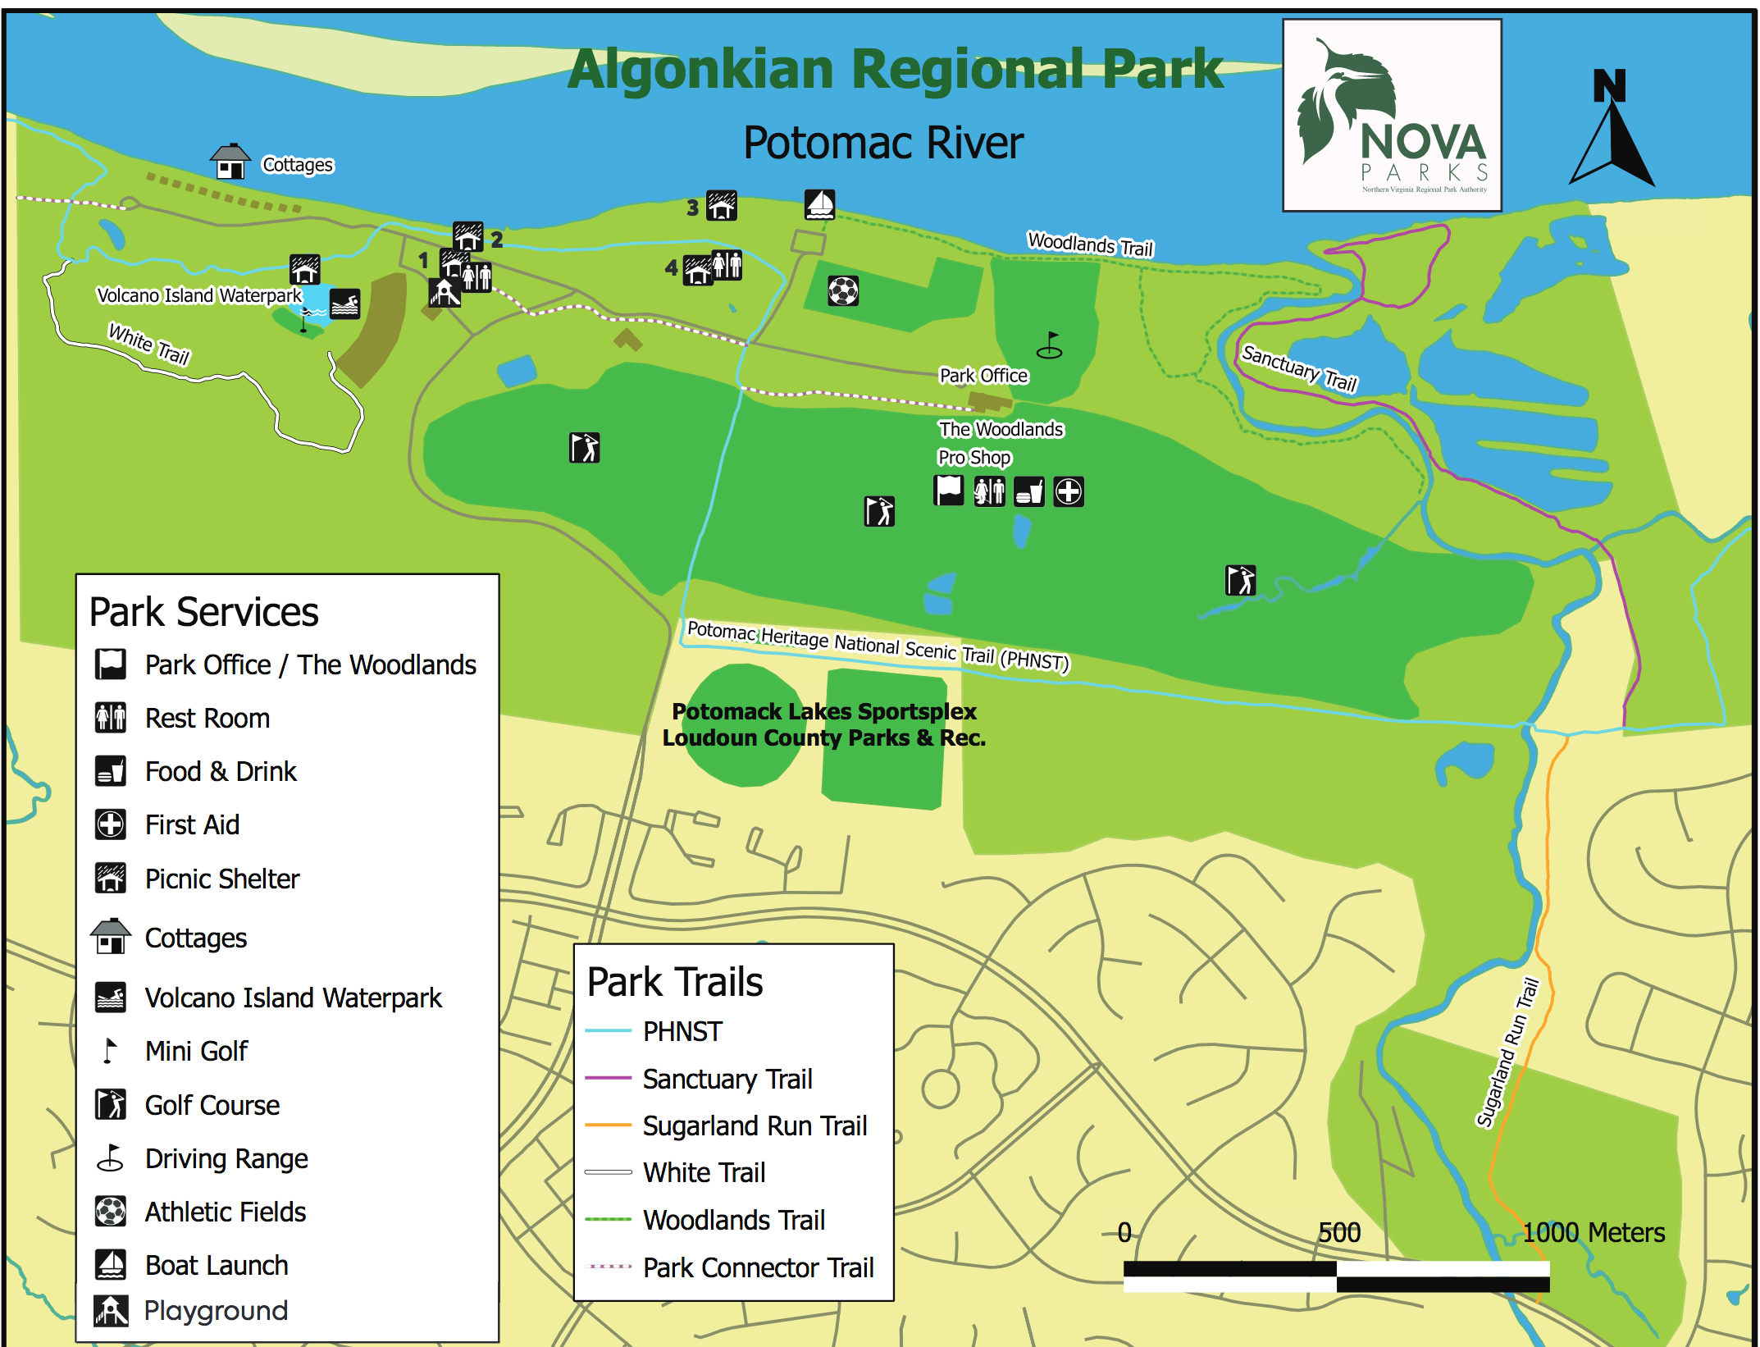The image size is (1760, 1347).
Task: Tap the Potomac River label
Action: [x=882, y=144]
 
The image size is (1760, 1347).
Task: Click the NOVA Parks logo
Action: [x=1392, y=116]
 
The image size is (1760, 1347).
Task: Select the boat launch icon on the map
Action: [x=819, y=204]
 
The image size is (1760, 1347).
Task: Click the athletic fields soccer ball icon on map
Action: [x=843, y=290]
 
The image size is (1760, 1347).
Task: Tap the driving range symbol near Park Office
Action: [x=1049, y=345]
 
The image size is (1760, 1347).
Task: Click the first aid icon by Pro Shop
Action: [x=1068, y=492]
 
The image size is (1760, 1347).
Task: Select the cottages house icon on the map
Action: [x=230, y=162]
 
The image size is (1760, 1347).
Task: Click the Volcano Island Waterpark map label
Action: [x=198, y=295]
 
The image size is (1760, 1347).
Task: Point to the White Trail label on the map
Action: [x=149, y=345]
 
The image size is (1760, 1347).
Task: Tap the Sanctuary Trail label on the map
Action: [x=1299, y=368]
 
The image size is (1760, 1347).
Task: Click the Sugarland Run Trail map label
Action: [x=1507, y=1052]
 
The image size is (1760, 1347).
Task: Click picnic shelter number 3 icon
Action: [x=722, y=206]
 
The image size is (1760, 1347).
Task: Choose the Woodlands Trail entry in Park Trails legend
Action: [x=733, y=1220]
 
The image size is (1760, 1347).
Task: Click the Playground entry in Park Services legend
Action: [x=216, y=1311]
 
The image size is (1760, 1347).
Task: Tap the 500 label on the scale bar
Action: [x=1338, y=1232]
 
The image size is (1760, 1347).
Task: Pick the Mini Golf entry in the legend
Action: [x=196, y=1051]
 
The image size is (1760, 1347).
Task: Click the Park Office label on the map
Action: [x=983, y=376]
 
